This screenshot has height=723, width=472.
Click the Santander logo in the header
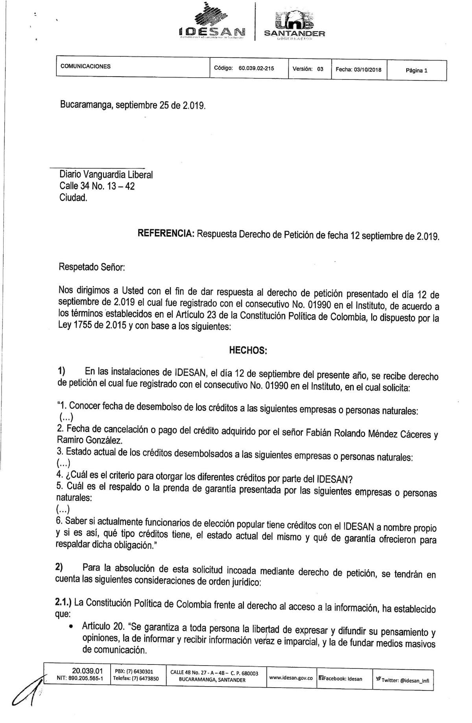click(x=295, y=25)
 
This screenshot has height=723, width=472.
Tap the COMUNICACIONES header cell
click(x=85, y=66)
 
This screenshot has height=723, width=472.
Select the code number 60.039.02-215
click(x=256, y=68)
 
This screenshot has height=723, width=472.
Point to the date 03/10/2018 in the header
click(x=367, y=70)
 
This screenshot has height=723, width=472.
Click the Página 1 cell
click(x=416, y=71)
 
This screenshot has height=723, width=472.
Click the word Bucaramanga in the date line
click(x=86, y=105)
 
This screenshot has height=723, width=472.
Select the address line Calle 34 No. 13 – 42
click(x=97, y=186)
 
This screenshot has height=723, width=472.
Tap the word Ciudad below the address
click(x=73, y=198)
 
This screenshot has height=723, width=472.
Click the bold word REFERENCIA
click(x=166, y=233)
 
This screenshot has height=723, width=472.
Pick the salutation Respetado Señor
click(x=92, y=267)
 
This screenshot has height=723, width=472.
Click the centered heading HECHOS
click(x=248, y=350)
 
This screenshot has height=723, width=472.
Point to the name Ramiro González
click(x=90, y=440)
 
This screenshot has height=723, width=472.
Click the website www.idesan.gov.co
click(x=291, y=678)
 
